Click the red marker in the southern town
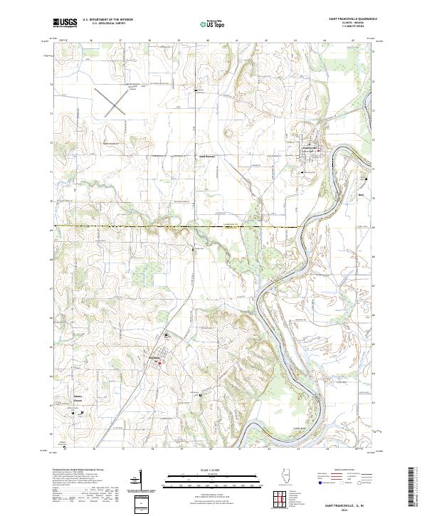[x=159, y=363]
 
